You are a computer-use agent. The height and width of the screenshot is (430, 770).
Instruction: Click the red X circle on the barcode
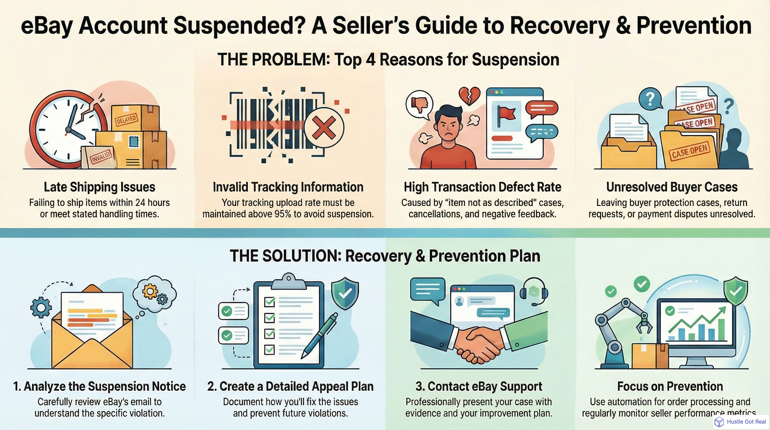click(x=324, y=128)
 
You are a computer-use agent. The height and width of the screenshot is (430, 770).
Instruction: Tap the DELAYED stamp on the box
click(x=126, y=120)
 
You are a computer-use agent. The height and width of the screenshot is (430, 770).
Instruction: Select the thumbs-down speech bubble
click(x=419, y=104)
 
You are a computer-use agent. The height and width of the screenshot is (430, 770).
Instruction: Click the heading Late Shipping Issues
click(x=99, y=187)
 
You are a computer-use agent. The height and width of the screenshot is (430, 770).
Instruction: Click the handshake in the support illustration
click(x=478, y=344)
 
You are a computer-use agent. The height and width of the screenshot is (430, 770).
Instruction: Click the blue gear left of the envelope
click(x=41, y=307)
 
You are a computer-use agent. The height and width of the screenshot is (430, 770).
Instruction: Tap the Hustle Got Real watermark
click(x=741, y=422)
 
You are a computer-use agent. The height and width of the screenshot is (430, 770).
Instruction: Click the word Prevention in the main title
click(x=694, y=26)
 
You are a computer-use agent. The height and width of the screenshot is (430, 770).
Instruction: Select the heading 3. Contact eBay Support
click(x=478, y=386)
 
